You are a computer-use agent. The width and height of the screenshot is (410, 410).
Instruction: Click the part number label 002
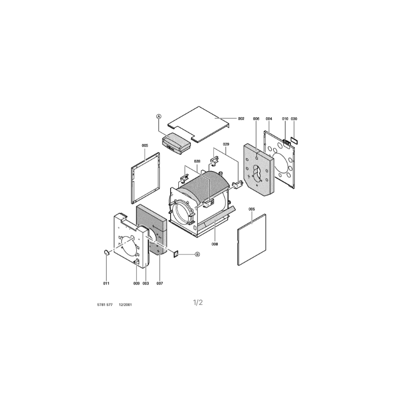tap(241, 119)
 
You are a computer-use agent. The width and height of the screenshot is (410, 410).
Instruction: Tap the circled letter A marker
tap(159, 116)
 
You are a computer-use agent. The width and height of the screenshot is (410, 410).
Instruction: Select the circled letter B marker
tap(197, 254)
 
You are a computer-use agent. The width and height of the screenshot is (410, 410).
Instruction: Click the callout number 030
tap(294, 119)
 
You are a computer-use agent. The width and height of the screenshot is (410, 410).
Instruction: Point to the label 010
tap(285, 119)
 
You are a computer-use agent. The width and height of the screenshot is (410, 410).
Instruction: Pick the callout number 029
tap(226, 144)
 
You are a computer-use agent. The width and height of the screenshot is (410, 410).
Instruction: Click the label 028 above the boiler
tap(197, 161)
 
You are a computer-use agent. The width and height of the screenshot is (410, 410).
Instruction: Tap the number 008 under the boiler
tap(215, 244)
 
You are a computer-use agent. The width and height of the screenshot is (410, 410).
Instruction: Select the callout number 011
tap(106, 283)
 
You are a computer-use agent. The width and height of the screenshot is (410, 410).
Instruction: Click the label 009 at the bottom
tap(136, 283)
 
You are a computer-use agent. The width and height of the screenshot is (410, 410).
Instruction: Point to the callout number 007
tap(159, 283)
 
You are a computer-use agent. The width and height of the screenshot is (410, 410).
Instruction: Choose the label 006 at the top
tap(256, 119)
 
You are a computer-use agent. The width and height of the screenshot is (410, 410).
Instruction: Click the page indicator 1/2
tap(198, 302)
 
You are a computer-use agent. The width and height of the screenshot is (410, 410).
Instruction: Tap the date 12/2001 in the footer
tap(126, 304)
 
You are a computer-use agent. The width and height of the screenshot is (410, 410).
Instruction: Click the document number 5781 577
tap(105, 304)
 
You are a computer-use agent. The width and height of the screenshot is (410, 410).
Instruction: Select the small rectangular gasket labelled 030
tap(294, 140)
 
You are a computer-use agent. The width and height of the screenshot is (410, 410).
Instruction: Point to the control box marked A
tap(176, 143)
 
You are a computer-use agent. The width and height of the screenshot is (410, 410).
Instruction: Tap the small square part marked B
tap(176, 253)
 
